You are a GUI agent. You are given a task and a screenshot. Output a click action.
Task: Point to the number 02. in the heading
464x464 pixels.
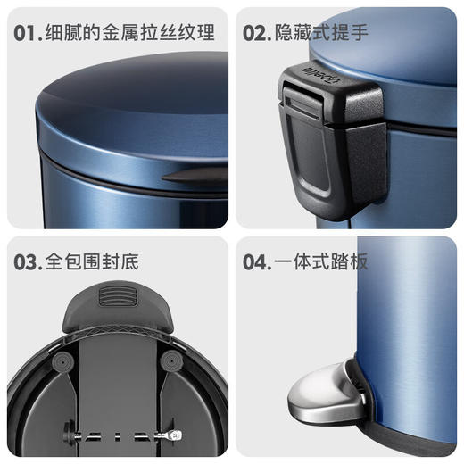[258, 34]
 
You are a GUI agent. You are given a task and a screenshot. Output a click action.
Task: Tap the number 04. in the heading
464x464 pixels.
[258, 262]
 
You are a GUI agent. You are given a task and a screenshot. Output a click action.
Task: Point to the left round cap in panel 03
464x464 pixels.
[62, 360]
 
